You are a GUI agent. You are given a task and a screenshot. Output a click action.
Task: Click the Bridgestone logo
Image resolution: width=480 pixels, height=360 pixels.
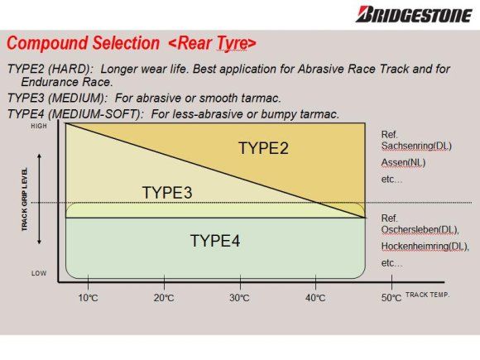[x=414, y=14]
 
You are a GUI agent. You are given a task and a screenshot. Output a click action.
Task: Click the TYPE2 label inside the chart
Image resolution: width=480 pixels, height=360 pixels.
[x=263, y=148]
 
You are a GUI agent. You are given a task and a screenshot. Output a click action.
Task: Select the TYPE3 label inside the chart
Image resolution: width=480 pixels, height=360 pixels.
[x=167, y=193]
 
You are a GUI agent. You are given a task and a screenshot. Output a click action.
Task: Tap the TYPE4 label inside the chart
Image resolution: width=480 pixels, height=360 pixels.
[x=215, y=241]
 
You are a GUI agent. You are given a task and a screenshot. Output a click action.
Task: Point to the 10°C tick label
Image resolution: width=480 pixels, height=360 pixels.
[x=89, y=298]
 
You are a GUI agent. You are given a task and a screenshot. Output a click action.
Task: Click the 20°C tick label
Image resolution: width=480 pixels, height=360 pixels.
[x=164, y=298]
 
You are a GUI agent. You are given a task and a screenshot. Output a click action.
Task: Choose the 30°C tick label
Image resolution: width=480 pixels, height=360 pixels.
[x=239, y=298]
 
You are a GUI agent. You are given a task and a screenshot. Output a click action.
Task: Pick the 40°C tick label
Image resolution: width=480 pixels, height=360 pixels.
[x=315, y=298]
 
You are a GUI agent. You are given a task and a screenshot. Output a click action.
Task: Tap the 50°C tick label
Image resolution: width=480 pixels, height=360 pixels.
[x=391, y=298]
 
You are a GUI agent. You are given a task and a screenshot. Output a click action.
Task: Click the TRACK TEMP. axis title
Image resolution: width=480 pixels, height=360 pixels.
[x=427, y=295]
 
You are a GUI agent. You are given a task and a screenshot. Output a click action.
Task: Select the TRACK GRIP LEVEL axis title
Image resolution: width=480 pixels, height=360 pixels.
[x=25, y=199]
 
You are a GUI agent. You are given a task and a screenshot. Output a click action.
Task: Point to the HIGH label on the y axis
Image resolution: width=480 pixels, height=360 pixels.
[x=39, y=126]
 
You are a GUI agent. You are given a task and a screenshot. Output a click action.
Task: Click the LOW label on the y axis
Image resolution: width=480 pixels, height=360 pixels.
[x=39, y=273]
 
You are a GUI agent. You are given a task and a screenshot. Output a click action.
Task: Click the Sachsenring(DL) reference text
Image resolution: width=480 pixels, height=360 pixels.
[x=416, y=146]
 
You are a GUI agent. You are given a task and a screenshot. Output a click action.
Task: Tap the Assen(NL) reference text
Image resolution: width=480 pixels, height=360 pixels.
[x=404, y=162]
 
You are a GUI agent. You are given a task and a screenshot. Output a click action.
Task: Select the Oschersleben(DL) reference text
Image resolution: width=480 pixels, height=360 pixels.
[x=420, y=229]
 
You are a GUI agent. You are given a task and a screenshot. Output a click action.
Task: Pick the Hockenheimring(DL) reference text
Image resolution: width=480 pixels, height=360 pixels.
[x=425, y=246]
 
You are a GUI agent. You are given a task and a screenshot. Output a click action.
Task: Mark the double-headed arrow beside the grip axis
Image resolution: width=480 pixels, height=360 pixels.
[x=39, y=199]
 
